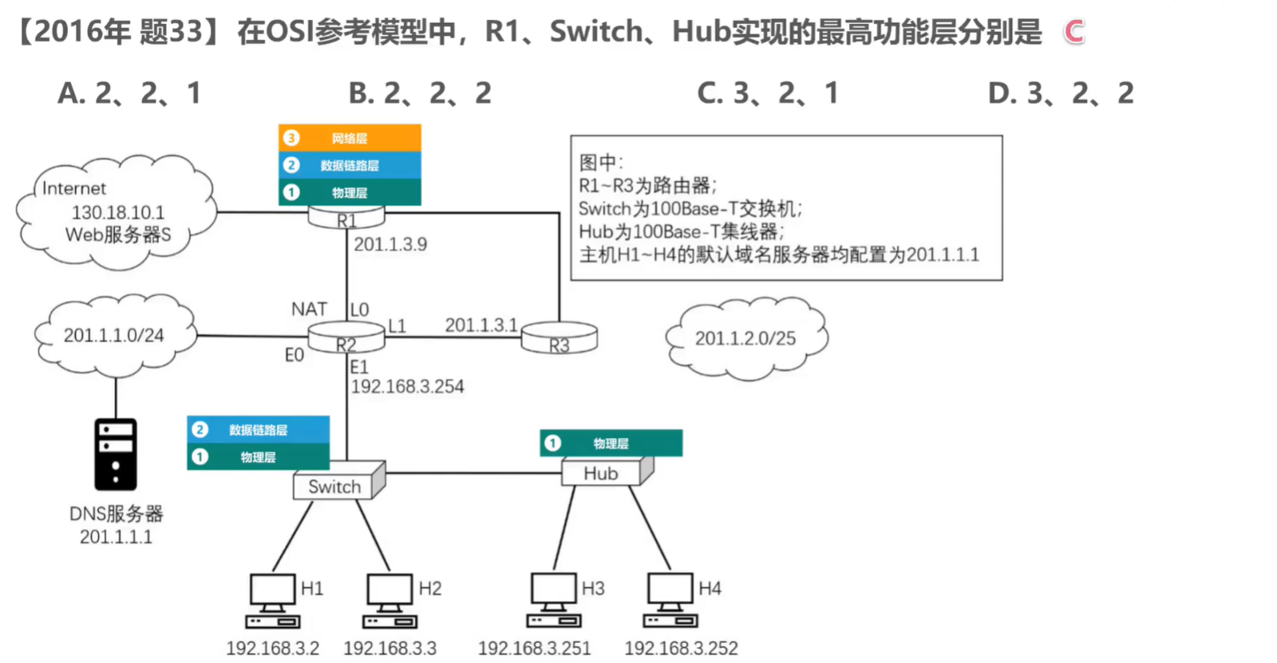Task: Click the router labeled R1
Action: coord(346,217)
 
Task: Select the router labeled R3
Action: coord(559,338)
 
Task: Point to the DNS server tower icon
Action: coord(116,454)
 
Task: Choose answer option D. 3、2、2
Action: coord(1061,93)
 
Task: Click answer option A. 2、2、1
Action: coord(129,93)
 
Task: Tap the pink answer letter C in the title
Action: coord(1073,32)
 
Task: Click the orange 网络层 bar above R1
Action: coord(350,138)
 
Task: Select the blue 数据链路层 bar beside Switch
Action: coord(258,429)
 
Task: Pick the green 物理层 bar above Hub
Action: coord(611,443)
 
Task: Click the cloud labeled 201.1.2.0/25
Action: coord(745,338)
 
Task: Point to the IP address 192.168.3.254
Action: coord(407,387)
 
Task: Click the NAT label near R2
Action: coord(309,309)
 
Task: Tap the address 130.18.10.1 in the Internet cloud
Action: coord(118,212)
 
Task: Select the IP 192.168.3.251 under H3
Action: coord(534,648)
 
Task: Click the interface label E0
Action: coord(294,355)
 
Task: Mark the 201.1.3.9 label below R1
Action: coord(390,244)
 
